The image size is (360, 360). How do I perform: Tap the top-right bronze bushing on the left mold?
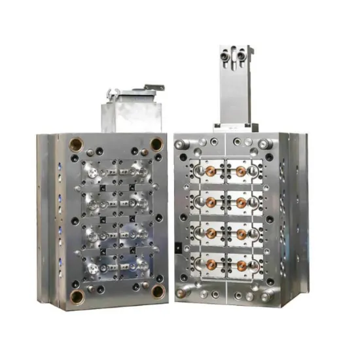pos(156,143)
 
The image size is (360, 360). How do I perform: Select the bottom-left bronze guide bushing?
pos(77,296)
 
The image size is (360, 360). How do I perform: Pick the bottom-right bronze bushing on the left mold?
pos(157,292)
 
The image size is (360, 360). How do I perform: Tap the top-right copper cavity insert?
pos(242,171)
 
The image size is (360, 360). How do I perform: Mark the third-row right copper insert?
pos(242,234)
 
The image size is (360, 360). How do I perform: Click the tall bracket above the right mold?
pos(236,85)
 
